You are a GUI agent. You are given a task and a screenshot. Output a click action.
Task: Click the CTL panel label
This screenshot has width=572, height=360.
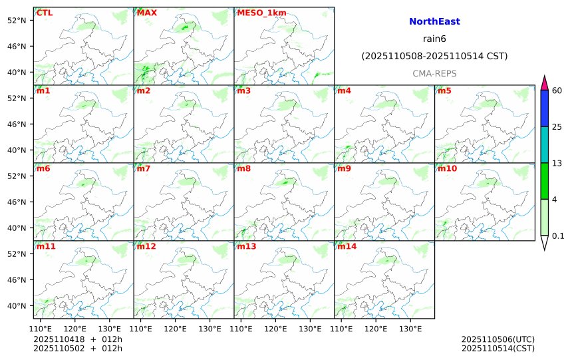pyautogui.click(x=45, y=13)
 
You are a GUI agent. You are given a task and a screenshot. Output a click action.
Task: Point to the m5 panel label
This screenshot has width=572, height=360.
pyautogui.click(x=444, y=90)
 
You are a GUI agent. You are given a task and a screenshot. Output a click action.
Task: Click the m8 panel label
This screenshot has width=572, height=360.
pyautogui.click(x=243, y=168)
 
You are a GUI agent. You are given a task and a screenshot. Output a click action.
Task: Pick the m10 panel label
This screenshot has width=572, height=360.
pyautogui.click(x=446, y=168)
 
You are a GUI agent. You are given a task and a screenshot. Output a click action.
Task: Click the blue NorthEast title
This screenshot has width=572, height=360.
pyautogui.click(x=434, y=21)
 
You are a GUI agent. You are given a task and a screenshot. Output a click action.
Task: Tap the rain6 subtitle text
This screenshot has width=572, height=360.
pyautogui.click(x=434, y=39)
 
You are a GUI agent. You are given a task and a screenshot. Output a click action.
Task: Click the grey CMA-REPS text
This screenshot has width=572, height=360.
pyautogui.click(x=434, y=73)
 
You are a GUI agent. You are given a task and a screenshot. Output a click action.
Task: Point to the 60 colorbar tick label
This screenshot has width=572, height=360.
pyautogui.click(x=557, y=90)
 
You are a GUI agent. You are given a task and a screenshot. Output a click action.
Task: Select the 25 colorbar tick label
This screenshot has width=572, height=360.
pyautogui.click(x=557, y=127)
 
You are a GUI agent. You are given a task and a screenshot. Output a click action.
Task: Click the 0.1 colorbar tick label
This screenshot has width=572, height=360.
pyautogui.click(x=558, y=236)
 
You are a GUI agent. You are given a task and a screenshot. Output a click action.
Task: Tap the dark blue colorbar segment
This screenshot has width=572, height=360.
pyautogui.click(x=544, y=108)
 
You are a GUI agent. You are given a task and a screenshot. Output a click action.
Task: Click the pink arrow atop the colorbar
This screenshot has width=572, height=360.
pyautogui.click(x=544, y=83)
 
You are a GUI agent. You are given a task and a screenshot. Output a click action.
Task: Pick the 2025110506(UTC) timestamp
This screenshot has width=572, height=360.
pyautogui.click(x=498, y=339)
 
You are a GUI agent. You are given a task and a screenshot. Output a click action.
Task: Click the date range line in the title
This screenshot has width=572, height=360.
pyautogui.click(x=434, y=56)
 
